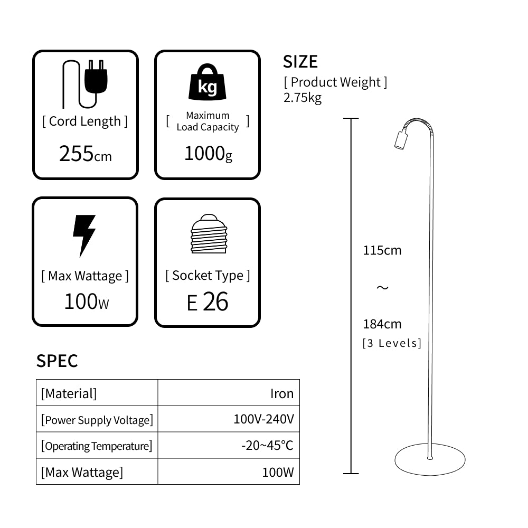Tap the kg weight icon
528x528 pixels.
coord(207,83)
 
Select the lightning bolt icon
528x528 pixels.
coord(84,235)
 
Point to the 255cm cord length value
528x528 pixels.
coord(85,154)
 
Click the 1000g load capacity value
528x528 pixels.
coord(208,154)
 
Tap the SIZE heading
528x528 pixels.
coord(300,62)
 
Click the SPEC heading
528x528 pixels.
coord(57,361)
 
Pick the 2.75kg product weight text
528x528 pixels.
coord(303,98)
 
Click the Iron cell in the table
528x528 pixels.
coord(281,393)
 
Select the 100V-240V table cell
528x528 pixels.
coord(263,419)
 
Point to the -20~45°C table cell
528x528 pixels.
coord(267,445)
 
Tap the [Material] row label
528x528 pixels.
coord(69,393)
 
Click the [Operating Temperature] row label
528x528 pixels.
coord(97,446)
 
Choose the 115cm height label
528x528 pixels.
coord(382,250)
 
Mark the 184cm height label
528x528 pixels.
coord(382,324)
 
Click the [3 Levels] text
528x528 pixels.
coord(392,343)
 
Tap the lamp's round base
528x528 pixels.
coord(430,459)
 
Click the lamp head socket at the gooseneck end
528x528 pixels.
coord(401,139)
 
